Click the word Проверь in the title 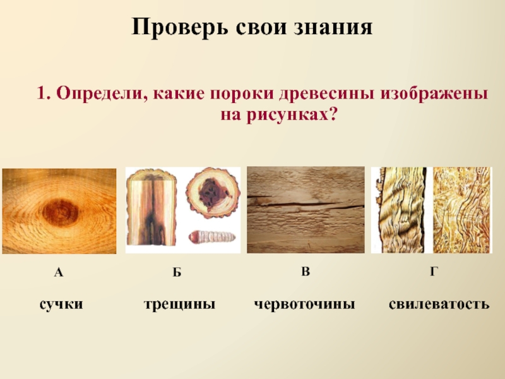click(180, 27)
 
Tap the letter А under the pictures click(58, 273)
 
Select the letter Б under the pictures click(177, 273)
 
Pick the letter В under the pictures click(306, 272)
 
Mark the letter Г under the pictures click(434, 272)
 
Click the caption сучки click(61, 304)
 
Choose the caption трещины click(179, 304)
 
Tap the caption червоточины click(305, 304)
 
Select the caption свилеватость click(439, 304)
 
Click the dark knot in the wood click(61, 212)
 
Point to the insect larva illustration click(212, 238)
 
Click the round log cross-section click(213, 193)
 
